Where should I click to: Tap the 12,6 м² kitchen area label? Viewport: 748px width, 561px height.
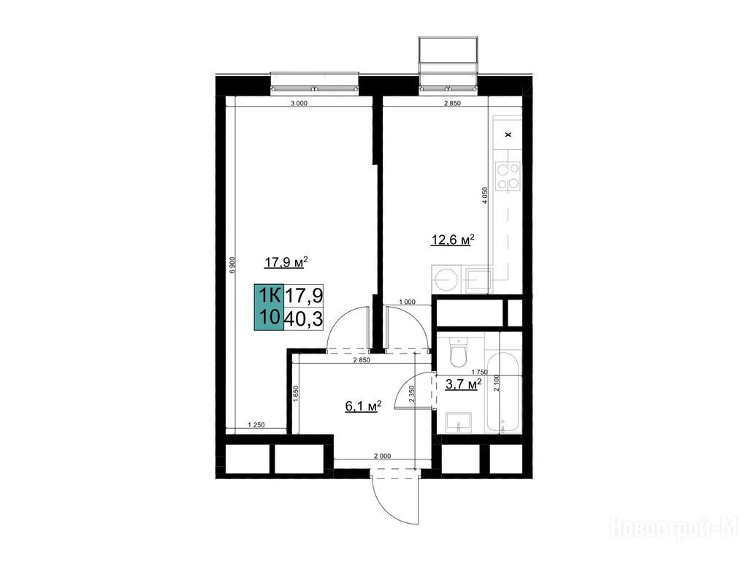[x=453, y=240]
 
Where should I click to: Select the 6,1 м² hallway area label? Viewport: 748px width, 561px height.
[x=363, y=406]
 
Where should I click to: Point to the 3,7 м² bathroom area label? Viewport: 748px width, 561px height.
[x=463, y=384]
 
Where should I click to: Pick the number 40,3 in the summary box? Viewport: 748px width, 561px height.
[x=303, y=318]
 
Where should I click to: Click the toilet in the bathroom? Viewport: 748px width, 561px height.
[x=459, y=352]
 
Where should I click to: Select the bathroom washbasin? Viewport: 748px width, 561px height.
[x=459, y=423]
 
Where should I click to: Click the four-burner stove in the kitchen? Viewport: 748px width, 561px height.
[x=508, y=177]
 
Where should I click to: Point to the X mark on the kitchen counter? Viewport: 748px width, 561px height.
[x=508, y=134]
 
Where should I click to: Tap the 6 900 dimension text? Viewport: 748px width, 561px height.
[x=232, y=265]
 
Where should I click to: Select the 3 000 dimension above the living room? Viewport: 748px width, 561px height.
[x=299, y=103]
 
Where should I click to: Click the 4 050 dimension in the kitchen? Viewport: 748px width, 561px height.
[x=485, y=195]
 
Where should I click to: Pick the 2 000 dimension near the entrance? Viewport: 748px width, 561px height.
[x=382, y=456]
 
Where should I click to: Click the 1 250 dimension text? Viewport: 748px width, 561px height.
[x=256, y=424]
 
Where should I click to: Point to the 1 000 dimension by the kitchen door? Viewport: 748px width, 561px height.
[x=407, y=302]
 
